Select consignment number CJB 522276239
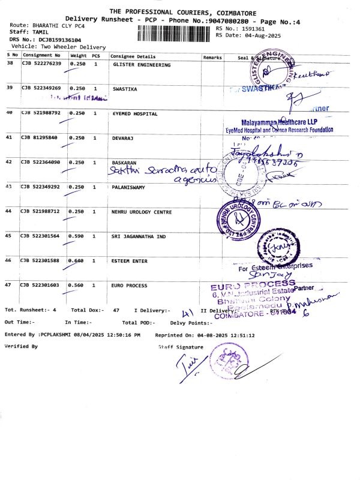(x=41, y=64)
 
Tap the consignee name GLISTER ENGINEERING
(x=142, y=65)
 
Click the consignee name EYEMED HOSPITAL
(x=135, y=113)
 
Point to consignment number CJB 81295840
(x=40, y=137)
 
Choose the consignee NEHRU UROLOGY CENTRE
(x=142, y=212)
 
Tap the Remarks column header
(x=212, y=56)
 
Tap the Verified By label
(x=21, y=346)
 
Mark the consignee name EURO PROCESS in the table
(x=130, y=286)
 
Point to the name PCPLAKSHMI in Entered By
(x=61, y=335)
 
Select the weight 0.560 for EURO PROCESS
(x=79, y=286)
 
